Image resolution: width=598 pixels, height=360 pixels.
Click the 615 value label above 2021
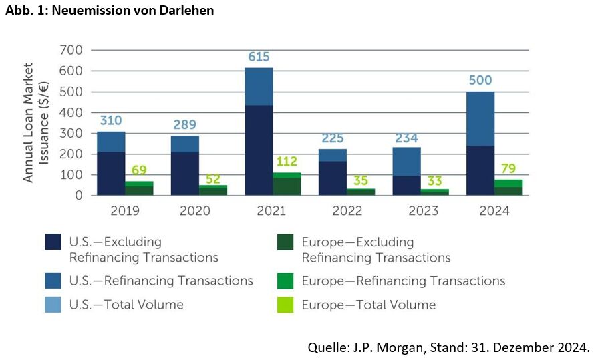[259, 57]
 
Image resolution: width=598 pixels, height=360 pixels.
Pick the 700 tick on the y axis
[70, 50]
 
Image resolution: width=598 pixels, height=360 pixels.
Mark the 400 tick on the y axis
[70, 113]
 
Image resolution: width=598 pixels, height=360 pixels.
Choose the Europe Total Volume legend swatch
[287, 305]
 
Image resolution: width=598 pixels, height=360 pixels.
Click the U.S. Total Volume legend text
[126, 305]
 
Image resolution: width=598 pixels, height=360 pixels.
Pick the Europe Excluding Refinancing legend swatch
[287, 242]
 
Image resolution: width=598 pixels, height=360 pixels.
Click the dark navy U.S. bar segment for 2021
[259, 150]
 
